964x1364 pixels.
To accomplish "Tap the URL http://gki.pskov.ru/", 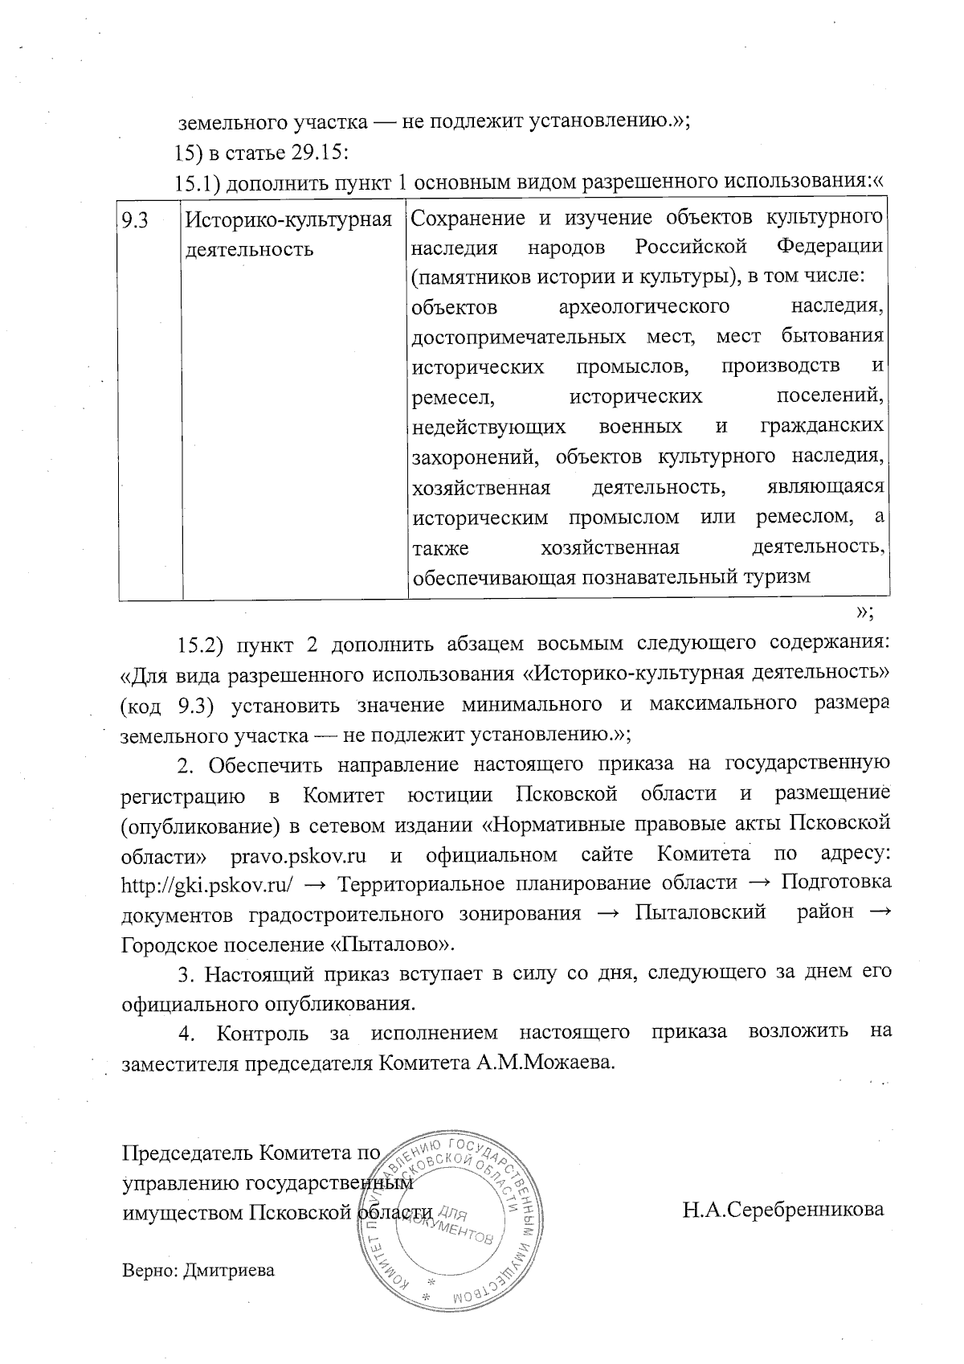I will pyautogui.click(x=206, y=883).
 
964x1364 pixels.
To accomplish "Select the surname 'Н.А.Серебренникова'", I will pyautogui.click(x=783, y=1210).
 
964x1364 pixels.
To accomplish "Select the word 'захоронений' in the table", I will pyautogui.click(x=464, y=457).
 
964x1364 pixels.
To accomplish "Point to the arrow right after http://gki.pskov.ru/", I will pyautogui.click(x=316, y=883).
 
